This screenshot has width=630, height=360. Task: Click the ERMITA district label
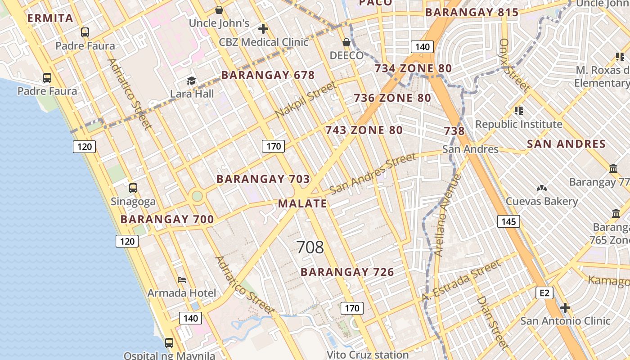point(50,18)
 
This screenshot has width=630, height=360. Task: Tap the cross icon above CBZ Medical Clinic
point(263,29)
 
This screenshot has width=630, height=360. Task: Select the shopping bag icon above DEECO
point(346,42)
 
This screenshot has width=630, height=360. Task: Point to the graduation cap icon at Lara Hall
point(192,81)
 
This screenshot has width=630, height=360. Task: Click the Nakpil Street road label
point(306,100)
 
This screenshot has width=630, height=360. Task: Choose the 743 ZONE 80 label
point(364,130)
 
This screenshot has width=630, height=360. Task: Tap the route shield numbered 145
point(508,221)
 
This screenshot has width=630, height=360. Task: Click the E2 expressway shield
point(544,293)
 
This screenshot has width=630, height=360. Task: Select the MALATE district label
point(302,203)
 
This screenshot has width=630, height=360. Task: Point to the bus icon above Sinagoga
point(133,188)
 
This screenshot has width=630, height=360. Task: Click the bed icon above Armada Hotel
point(182,280)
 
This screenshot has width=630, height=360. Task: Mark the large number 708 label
point(310,247)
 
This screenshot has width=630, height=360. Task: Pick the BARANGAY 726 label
point(347,272)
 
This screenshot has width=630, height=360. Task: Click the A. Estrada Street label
point(461,281)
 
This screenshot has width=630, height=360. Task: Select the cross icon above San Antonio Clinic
point(565,308)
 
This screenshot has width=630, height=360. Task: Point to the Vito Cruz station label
point(368,355)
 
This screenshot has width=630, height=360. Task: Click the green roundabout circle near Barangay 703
point(197,196)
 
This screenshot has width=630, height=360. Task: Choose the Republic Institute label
point(519,124)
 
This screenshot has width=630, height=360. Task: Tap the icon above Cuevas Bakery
point(542,188)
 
